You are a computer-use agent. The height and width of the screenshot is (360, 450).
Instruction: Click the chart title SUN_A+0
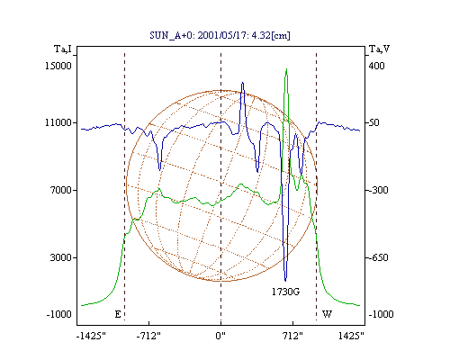tap(220, 35)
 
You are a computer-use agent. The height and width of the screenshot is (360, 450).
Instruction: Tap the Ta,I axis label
tap(63, 49)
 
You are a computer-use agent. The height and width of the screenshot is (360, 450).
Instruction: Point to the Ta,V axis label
tap(379, 49)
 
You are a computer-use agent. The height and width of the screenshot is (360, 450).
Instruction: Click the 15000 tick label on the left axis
tap(58, 66)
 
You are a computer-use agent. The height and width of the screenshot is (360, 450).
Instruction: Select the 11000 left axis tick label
tap(58, 122)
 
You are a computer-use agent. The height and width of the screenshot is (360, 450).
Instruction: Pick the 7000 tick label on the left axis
tap(61, 190)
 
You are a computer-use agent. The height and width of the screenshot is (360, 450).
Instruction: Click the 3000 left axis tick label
tap(61, 257)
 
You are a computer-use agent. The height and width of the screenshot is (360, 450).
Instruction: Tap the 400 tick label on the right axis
tap(376, 66)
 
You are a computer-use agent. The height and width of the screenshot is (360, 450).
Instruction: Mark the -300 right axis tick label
tap(378, 190)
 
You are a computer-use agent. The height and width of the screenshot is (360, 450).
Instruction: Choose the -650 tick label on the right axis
tap(378, 257)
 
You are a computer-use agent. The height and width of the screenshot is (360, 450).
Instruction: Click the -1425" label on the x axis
tap(91, 336)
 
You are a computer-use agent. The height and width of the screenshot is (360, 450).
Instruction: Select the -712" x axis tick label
tap(148, 336)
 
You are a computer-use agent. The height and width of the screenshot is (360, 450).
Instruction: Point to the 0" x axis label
tap(220, 336)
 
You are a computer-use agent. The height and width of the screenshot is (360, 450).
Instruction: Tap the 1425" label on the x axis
tap(351, 336)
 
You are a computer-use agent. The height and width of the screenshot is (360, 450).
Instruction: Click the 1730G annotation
tap(285, 292)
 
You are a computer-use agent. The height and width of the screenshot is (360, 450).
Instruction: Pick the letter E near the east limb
tap(118, 314)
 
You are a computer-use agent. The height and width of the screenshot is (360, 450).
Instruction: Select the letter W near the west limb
tap(327, 314)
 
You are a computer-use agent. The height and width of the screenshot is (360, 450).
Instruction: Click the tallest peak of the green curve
tap(286, 69)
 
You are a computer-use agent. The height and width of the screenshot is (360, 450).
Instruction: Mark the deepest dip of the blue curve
tap(285, 281)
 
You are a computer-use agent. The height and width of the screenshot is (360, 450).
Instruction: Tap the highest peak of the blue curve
tap(242, 83)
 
